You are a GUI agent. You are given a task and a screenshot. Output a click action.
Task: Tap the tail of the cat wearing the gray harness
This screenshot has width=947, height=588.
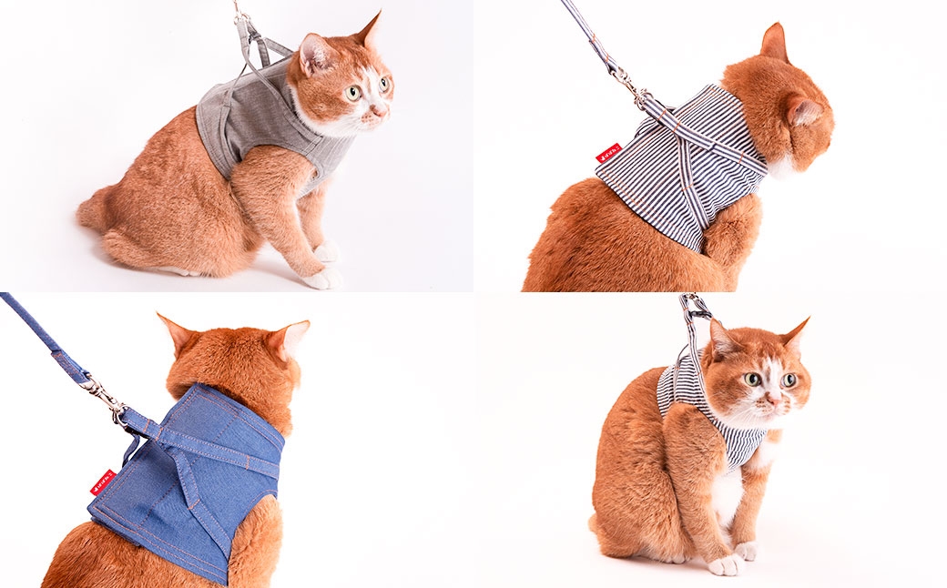(x=93, y=211)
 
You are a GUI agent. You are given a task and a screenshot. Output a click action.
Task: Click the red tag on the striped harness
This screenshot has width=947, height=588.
(x=607, y=154)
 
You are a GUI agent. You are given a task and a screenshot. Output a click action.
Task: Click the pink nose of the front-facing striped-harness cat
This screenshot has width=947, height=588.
(x=770, y=398)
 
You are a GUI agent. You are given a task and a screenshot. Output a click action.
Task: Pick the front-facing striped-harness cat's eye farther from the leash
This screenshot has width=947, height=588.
(x=789, y=380)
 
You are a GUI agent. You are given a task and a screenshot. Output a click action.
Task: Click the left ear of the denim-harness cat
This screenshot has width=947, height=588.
(x=176, y=331)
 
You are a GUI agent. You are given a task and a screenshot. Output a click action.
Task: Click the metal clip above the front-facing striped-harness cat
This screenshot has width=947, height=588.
(x=695, y=309)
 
